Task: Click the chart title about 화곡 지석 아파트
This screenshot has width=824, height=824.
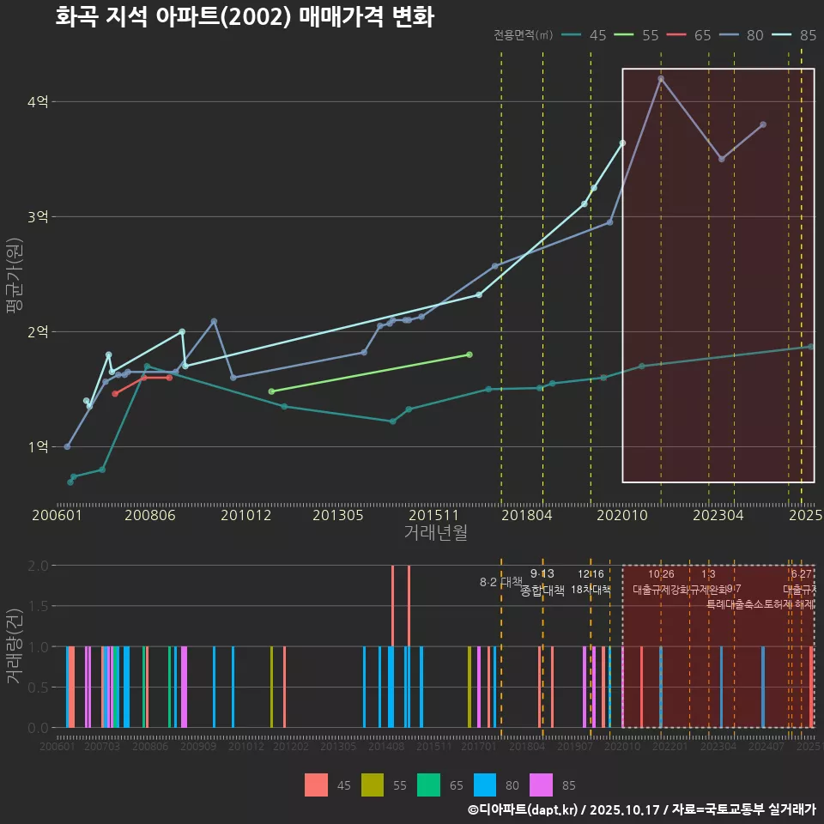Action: click(244, 17)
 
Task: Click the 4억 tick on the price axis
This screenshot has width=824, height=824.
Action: click(38, 102)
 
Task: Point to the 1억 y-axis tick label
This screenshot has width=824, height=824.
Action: click(38, 447)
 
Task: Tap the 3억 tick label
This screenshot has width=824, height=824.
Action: click(38, 217)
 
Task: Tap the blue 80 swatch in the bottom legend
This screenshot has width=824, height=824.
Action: click(487, 785)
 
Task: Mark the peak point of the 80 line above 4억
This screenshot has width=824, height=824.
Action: click(661, 79)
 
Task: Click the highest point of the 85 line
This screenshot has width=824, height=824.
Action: click(622, 142)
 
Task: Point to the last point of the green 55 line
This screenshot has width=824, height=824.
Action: click(469, 354)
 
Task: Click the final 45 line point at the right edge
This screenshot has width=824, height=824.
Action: click(810, 347)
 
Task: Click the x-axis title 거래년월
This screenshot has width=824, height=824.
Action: click(435, 533)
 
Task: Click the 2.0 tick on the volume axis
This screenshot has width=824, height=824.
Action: click(38, 566)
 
